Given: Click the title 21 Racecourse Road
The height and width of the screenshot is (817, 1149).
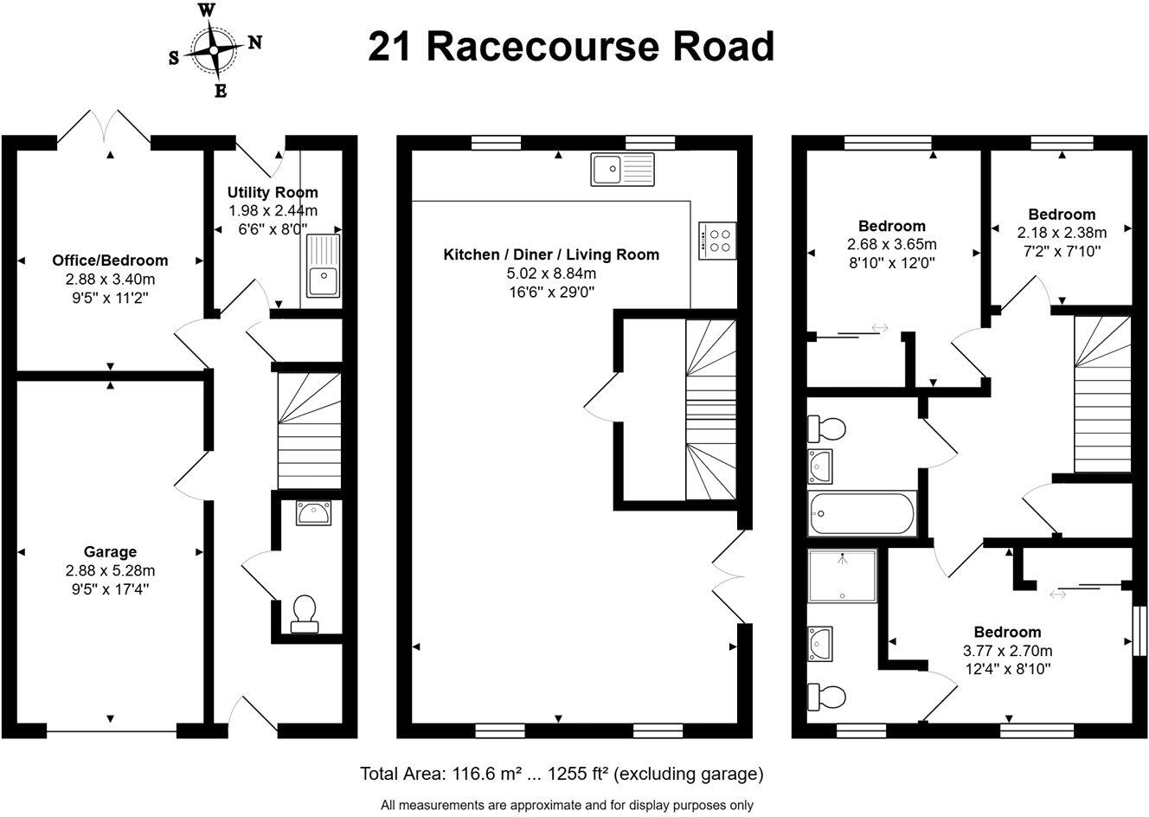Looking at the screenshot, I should (x=571, y=47).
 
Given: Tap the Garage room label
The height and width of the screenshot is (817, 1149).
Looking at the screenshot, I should (x=110, y=551).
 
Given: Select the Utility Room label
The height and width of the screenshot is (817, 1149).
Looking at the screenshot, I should (x=273, y=192).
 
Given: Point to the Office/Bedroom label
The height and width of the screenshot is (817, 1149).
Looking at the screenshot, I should (x=110, y=260).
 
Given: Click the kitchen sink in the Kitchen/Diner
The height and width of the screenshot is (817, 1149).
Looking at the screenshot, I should (x=623, y=169).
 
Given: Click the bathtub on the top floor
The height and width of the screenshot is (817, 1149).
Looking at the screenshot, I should (x=861, y=514).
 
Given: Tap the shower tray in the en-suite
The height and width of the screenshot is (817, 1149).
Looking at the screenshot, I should (x=842, y=575).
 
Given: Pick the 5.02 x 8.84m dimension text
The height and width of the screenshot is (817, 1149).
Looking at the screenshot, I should (x=551, y=273).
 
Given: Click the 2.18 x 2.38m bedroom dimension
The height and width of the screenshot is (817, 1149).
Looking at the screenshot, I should (x=1062, y=233).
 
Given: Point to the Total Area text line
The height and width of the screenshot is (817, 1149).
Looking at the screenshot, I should (x=562, y=773).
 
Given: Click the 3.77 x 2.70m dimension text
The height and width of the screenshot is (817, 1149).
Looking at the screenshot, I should (x=1007, y=651).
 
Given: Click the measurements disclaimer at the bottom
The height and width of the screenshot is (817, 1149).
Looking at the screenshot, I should (x=567, y=805).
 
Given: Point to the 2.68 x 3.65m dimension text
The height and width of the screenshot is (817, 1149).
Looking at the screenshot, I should (x=892, y=244).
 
